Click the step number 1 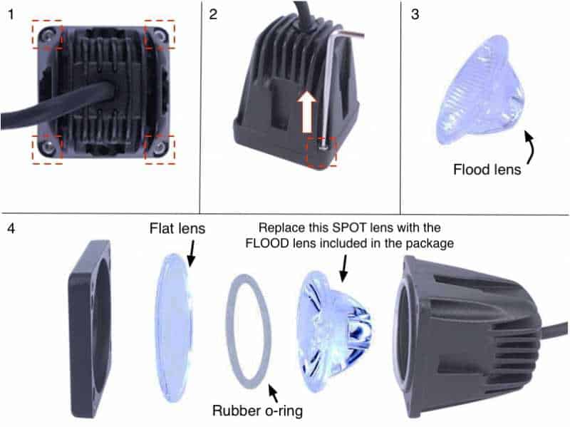tap(11, 14)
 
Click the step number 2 tap(213, 14)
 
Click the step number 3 tap(415, 14)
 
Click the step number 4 tap(11, 228)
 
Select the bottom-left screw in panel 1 tap(48, 147)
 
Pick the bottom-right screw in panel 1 tap(159, 147)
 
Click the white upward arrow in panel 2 tap(307, 112)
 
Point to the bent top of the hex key tap(347, 34)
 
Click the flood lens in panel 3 tap(482, 91)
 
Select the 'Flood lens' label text tap(487, 170)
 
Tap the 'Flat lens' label tap(177, 228)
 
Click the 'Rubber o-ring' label tap(257, 411)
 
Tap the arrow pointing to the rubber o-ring tap(273, 393)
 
